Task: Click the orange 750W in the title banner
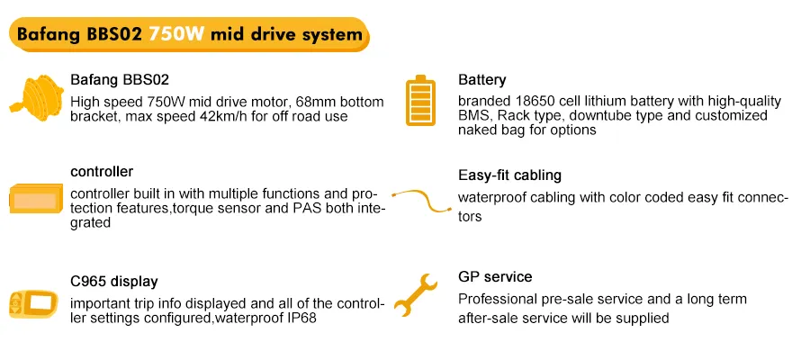[x=176, y=34]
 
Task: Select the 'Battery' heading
[x=481, y=80]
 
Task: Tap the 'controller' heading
[x=102, y=171]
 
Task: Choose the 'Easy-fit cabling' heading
[x=509, y=175]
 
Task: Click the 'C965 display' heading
[x=113, y=282]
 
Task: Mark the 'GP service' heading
[x=495, y=277]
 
